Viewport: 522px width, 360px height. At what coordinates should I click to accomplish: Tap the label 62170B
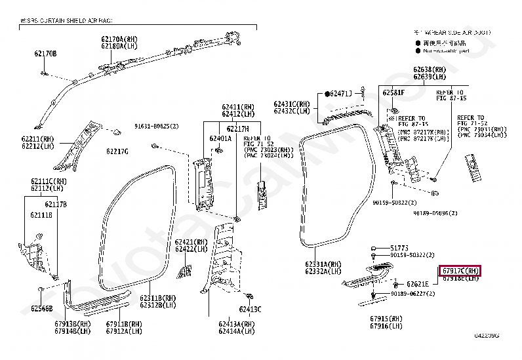(x=46, y=53)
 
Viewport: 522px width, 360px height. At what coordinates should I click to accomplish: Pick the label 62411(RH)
(x=238, y=106)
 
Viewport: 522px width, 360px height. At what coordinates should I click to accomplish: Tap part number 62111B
(x=41, y=214)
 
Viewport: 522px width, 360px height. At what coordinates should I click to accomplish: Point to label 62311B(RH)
(x=158, y=297)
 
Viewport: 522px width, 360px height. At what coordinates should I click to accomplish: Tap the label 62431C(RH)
(x=292, y=104)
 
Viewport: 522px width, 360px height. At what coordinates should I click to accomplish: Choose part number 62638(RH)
(x=430, y=70)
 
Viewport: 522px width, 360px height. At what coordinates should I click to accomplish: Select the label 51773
(x=399, y=247)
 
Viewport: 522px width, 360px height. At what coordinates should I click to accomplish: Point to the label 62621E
(x=417, y=284)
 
